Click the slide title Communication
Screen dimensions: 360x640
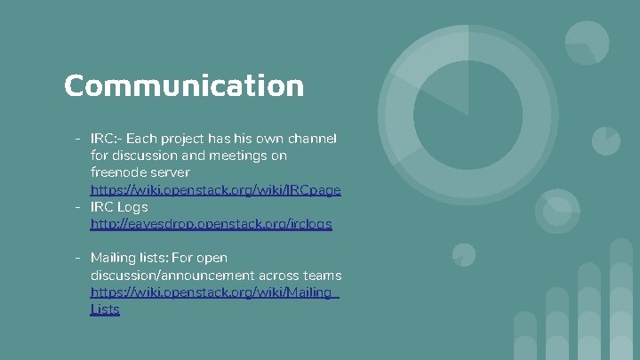point(184,86)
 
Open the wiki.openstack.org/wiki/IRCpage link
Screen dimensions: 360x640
point(215,190)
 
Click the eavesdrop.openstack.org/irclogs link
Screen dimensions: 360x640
point(211,224)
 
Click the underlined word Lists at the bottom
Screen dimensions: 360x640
point(105,309)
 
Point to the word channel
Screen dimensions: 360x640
point(316,139)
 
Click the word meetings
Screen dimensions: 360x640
point(243,156)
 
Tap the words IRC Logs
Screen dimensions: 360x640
point(119,207)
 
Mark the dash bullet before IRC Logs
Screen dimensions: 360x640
point(79,207)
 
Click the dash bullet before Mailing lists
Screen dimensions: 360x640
point(79,258)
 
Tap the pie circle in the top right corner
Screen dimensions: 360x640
point(587,43)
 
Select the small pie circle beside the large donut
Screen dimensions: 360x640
point(606,140)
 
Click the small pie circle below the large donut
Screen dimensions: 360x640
point(462,254)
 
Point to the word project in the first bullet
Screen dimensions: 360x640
point(209,139)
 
